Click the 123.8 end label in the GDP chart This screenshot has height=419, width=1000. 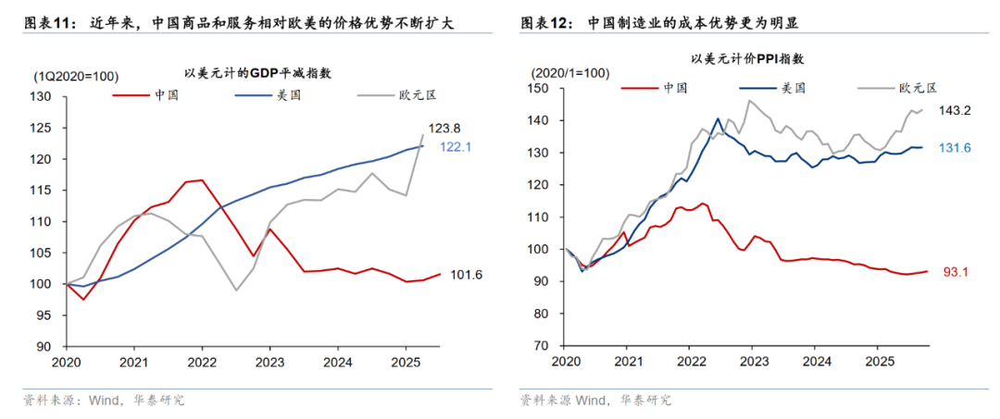(444, 129)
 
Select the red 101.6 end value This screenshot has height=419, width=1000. (468, 274)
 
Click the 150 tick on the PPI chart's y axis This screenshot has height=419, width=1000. (537, 89)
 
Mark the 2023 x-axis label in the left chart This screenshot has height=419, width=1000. (269, 363)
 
